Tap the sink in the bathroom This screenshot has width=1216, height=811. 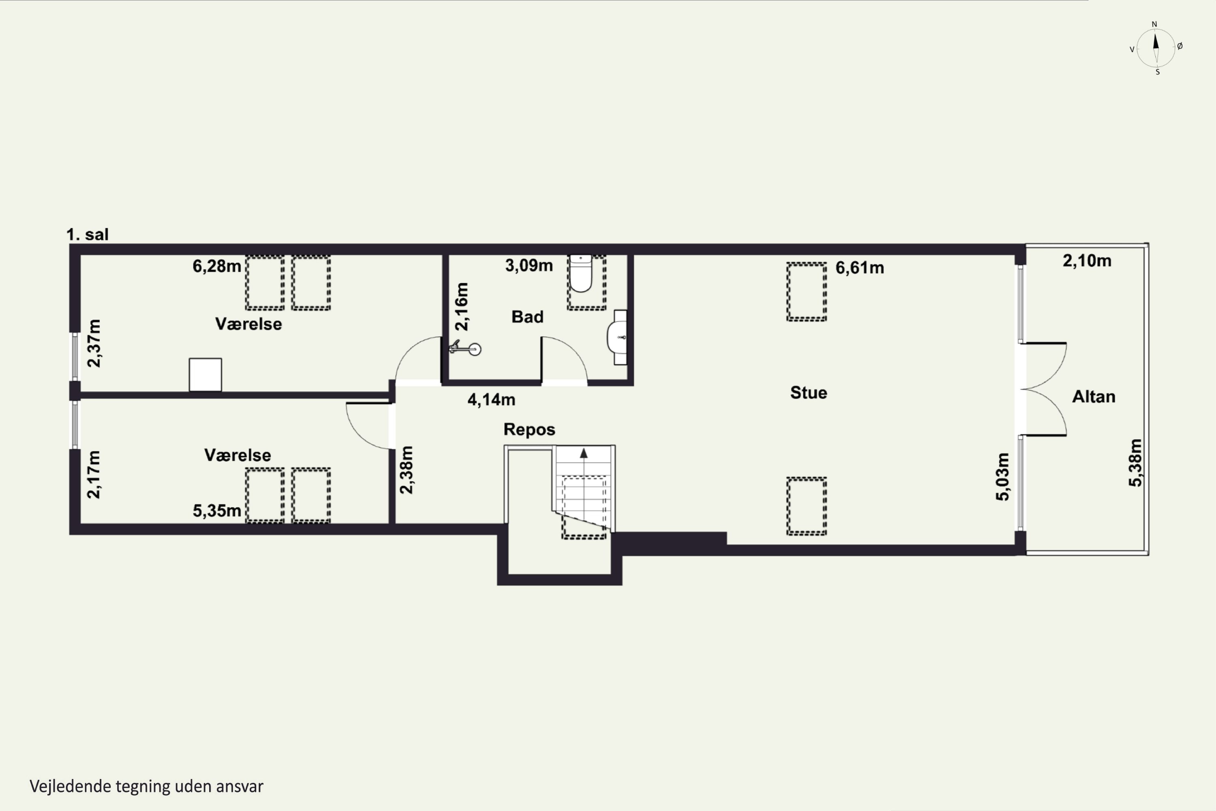coord(617,337)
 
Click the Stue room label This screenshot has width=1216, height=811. coord(809,393)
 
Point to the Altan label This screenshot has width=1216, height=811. coord(1094,397)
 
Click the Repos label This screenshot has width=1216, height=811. coord(529,429)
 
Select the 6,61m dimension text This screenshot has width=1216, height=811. coord(860,268)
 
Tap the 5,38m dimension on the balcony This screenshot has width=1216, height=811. coord(1135,463)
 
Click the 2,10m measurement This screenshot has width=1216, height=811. coord(1087,261)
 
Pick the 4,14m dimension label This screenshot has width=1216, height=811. coord(491,400)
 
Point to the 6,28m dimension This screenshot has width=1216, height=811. coord(216,266)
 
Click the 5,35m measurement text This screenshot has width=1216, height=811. coord(216,511)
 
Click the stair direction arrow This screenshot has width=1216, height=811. coord(584,454)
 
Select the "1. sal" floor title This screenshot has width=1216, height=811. coord(88,234)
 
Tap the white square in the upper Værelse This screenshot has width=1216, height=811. coord(205,374)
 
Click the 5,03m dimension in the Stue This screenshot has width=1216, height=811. coord(1002,477)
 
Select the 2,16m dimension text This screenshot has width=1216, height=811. coord(462,307)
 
